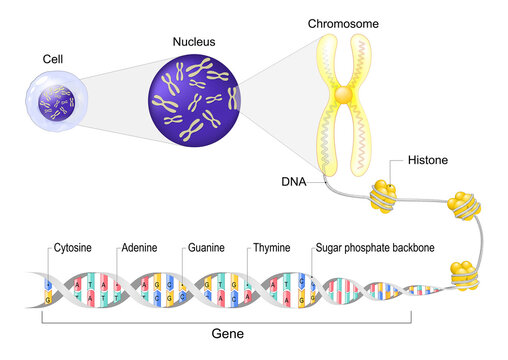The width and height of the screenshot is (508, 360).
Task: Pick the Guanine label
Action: point(210,246)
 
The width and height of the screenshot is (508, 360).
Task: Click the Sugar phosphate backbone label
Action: point(377,246)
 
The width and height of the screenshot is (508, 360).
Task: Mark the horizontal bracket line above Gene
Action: point(226,322)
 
